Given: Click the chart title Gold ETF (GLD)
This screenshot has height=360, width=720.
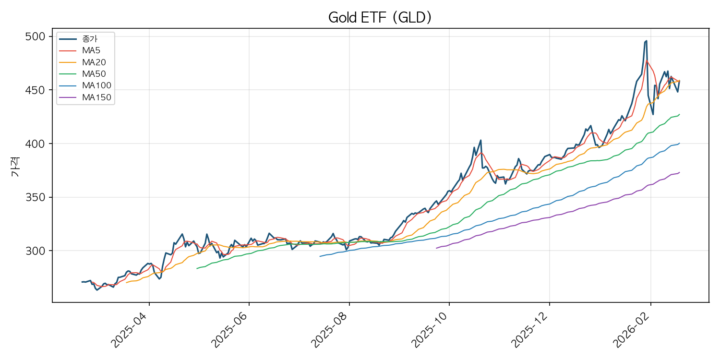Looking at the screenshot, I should [x=380, y=18].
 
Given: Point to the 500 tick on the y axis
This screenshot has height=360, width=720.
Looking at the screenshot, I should [x=35, y=37].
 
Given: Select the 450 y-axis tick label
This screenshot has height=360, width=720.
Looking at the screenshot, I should [x=35, y=90].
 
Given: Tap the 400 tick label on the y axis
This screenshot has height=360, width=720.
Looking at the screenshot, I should [x=35, y=144].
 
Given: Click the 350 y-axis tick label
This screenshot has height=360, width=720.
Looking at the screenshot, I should [x=35, y=197].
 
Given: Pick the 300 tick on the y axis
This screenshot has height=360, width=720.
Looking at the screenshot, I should [x=35, y=251].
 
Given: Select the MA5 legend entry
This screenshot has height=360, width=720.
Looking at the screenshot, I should [x=91, y=50].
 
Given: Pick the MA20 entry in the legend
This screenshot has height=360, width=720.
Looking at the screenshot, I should [x=94, y=62].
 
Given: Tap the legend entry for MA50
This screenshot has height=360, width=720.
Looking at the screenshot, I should [x=94, y=74].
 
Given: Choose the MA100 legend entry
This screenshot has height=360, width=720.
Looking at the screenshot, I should [x=96, y=86].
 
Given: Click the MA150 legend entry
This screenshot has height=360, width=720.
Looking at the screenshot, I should [x=96, y=97].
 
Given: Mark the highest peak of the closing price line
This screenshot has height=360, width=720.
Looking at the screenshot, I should [x=646, y=41].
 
